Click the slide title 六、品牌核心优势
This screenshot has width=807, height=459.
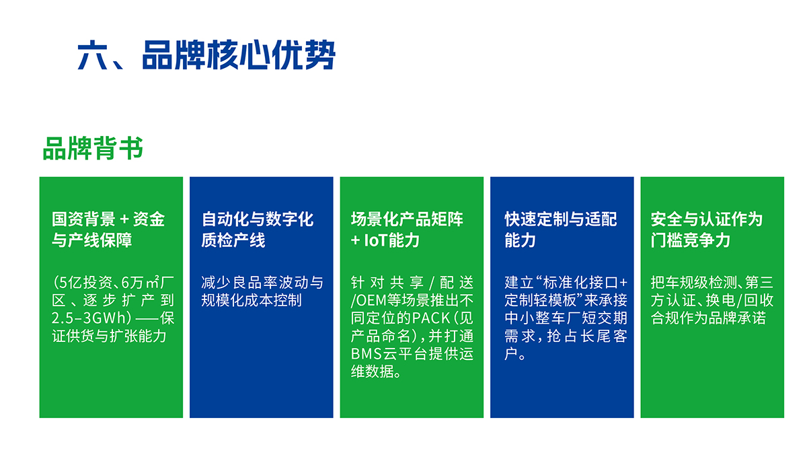pyautogui.click(x=206, y=55)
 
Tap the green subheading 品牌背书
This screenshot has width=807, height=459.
pyautogui.click(x=93, y=148)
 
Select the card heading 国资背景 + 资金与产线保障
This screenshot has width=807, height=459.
pyautogui.click(x=108, y=229)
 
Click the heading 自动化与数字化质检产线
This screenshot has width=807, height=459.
pyautogui.click(x=257, y=229)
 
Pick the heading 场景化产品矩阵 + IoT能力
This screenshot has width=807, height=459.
pyautogui.click(x=407, y=229)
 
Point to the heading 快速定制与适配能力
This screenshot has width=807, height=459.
pyautogui.click(x=561, y=229)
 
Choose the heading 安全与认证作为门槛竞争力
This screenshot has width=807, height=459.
pyautogui.click(x=707, y=229)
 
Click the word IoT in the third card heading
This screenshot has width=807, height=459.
pyautogui.click(x=376, y=240)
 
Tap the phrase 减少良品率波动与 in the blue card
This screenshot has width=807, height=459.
pyautogui.click(x=262, y=282)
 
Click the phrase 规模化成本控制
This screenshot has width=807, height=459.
pyautogui.click(x=252, y=300)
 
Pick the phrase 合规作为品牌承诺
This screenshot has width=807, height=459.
pyautogui.click(x=708, y=318)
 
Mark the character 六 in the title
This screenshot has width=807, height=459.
pyautogui.click(x=93, y=55)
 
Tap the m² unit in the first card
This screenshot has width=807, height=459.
pyautogui.click(x=153, y=282)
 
